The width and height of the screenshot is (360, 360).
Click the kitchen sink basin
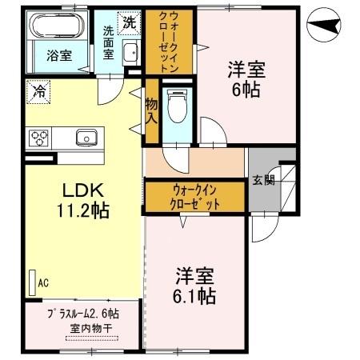point(86,138)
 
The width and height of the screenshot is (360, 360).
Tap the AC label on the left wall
point(44,282)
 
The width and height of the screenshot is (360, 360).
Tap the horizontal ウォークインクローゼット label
point(195,197)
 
